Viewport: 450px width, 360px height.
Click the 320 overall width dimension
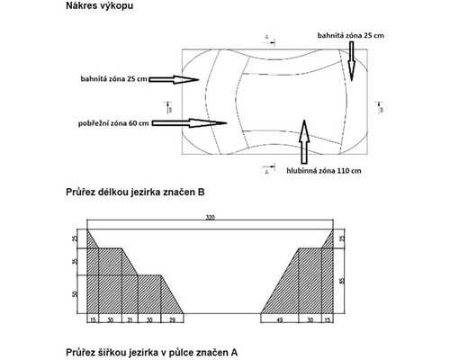[x=210, y=219]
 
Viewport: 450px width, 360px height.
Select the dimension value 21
[x=130, y=319]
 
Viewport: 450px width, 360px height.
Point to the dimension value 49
[x=279, y=319]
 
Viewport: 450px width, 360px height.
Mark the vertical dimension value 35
[x=74, y=261]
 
